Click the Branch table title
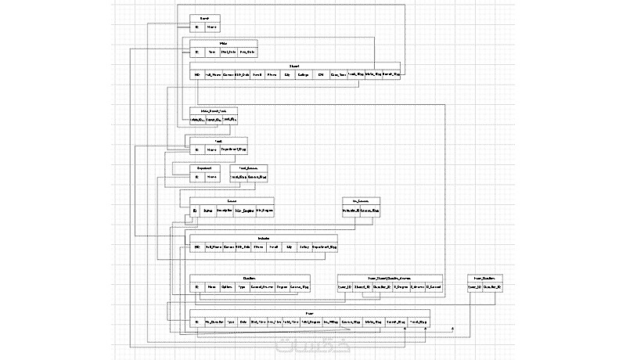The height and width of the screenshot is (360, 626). [204, 17]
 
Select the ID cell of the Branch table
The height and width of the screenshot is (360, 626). [197, 27]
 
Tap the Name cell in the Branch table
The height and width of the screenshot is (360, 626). [212, 27]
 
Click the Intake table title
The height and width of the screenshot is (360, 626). [223, 43]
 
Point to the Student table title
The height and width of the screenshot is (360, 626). [294, 66]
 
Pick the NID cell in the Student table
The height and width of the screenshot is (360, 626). [197, 76]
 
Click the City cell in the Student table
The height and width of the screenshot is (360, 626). [286, 76]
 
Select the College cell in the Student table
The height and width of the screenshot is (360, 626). [304, 76]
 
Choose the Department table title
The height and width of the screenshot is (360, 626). [204, 167]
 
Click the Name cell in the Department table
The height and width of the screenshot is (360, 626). [212, 178]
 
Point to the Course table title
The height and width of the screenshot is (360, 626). [232, 201]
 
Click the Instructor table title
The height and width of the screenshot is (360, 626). [263, 238]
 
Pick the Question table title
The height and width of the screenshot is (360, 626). [250, 278]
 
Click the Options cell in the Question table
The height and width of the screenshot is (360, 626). [227, 288]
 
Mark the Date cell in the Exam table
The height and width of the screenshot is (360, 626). [243, 322]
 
